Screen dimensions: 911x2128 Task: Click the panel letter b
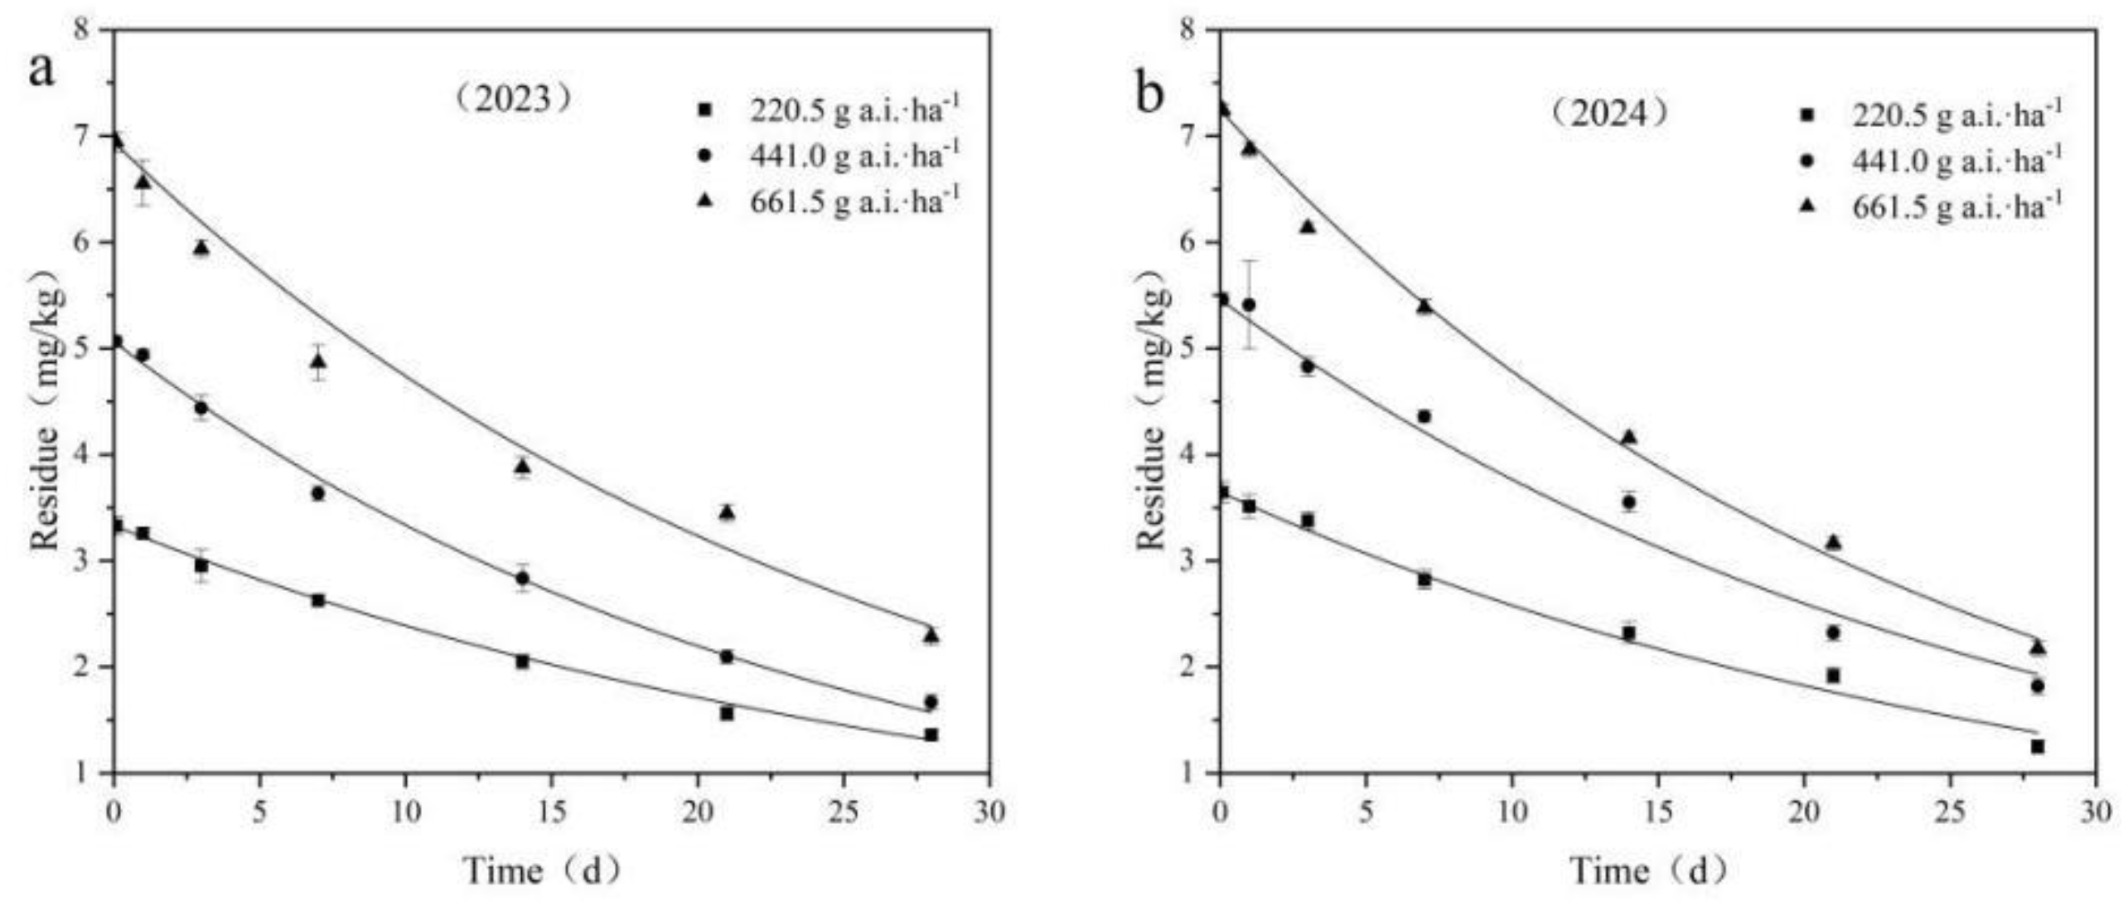click(1149, 94)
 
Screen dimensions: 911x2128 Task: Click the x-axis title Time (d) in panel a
click(543, 871)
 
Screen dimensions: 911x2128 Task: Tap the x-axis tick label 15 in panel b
click(1656, 812)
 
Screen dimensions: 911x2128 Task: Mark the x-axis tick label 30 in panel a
click(988, 812)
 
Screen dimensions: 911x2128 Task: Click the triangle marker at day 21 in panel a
click(727, 512)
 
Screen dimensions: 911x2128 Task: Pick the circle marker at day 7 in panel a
click(318, 493)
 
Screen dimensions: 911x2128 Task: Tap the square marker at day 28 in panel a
click(931, 734)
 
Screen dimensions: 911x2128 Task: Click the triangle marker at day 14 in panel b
click(1628, 437)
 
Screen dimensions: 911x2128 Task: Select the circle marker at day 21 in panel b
click(1833, 632)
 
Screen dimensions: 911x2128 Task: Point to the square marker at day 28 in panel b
click(2037, 747)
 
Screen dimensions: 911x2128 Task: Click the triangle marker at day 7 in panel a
click(318, 361)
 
